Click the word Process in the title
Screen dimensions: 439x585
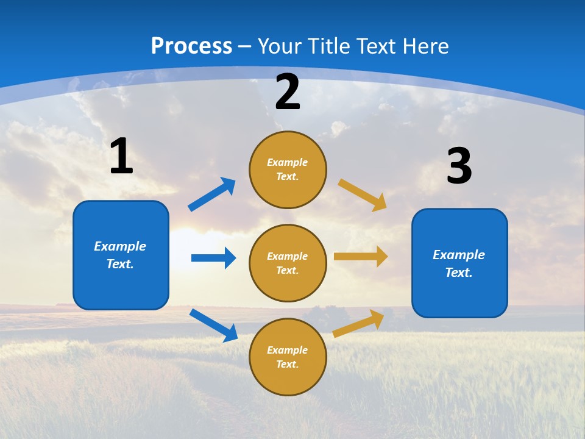[x=191, y=46]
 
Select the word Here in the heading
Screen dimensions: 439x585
[x=425, y=46]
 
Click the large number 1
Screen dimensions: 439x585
[x=121, y=157]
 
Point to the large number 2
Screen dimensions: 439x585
[x=288, y=92]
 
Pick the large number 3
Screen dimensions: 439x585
[x=459, y=166]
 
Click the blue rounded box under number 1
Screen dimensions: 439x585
[x=121, y=255]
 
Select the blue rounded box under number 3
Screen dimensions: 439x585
[x=459, y=263]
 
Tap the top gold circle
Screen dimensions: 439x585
[x=288, y=170]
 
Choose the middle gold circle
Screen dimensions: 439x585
[x=288, y=263]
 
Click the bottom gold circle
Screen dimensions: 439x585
[x=288, y=357]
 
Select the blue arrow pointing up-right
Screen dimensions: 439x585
[x=212, y=195]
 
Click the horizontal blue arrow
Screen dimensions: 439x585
[x=213, y=258]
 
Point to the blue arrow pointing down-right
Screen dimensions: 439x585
[x=213, y=325]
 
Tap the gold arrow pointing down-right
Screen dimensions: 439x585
[x=363, y=195]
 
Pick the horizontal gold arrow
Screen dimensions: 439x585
[x=361, y=257]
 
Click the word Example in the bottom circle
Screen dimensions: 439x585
[x=288, y=350]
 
